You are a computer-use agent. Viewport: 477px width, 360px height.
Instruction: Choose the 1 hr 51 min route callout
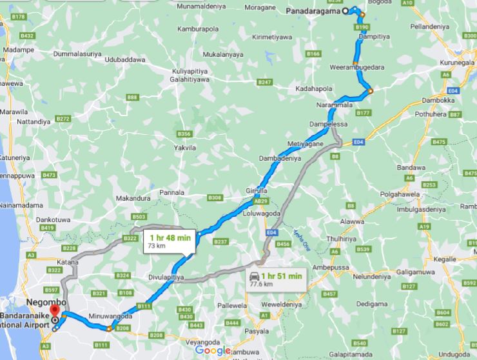[274, 279]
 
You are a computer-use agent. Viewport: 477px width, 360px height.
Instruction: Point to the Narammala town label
[335, 103]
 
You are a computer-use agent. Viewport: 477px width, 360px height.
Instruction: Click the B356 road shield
[185, 134]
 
